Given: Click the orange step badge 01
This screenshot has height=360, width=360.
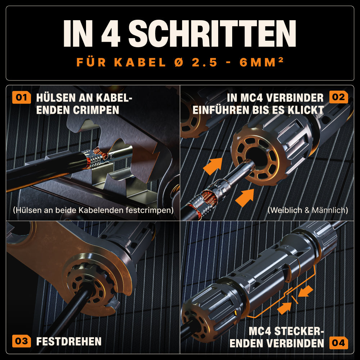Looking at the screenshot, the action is point(21,97).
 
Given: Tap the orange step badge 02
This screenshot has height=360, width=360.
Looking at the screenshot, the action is point(338,97).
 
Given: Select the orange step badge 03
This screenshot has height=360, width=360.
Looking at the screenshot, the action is point(21,341).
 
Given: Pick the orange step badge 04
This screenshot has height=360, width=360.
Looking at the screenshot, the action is point(338,343).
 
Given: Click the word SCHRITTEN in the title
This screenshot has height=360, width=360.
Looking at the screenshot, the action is point(212,33).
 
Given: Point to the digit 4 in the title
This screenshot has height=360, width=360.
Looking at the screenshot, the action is point(111,33).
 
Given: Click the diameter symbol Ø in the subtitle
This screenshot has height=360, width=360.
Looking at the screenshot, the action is point(179,62).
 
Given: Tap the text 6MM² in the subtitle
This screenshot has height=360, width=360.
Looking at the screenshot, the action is point(261,62).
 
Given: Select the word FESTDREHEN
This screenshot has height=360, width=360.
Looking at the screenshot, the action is point(69,341).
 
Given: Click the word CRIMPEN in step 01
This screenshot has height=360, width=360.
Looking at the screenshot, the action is point(96,110).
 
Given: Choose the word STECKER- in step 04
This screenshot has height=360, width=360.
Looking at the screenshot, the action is point(299,331).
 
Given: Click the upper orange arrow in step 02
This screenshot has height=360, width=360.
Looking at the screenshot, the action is point(213,166).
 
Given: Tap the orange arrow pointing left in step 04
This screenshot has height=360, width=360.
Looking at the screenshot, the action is point(305,291).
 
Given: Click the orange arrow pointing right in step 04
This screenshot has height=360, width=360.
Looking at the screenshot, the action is point(284,308).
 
